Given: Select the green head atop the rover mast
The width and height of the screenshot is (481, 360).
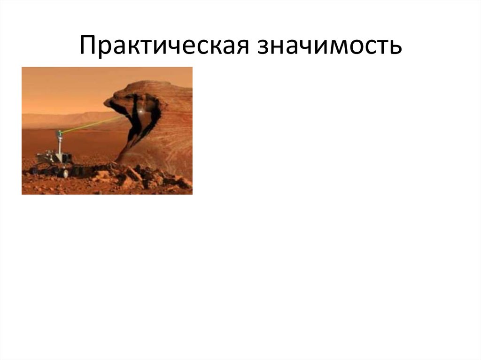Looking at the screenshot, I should tap(60, 133).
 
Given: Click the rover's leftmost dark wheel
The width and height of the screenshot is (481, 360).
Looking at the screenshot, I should tap(41, 170).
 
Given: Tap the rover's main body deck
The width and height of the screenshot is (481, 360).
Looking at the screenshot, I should tap(54, 157).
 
